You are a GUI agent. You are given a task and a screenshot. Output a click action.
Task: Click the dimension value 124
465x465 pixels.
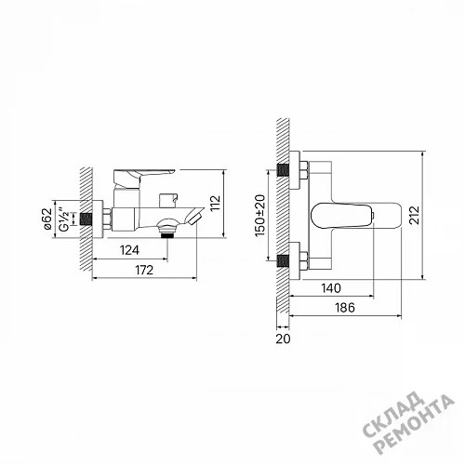tap(129, 250)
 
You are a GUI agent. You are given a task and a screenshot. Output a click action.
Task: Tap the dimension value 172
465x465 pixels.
tap(144, 270)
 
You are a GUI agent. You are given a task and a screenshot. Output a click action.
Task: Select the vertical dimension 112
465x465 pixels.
tap(215, 203)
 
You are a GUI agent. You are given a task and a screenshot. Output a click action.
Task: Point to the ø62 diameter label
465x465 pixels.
tap(46, 219)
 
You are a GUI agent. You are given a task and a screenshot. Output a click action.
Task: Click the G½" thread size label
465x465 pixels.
tap(64, 219)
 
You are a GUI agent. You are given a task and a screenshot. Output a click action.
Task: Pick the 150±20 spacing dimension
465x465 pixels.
tap(260, 216)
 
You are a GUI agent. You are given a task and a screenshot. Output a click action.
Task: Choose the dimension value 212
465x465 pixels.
tap(414, 215)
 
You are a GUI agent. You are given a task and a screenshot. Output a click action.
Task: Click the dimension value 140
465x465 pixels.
tap(331, 288)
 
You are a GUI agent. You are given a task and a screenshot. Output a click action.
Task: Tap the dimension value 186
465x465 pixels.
tap(345, 308)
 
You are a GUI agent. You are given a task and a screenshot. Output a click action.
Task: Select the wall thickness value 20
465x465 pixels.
tap(283, 339)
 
